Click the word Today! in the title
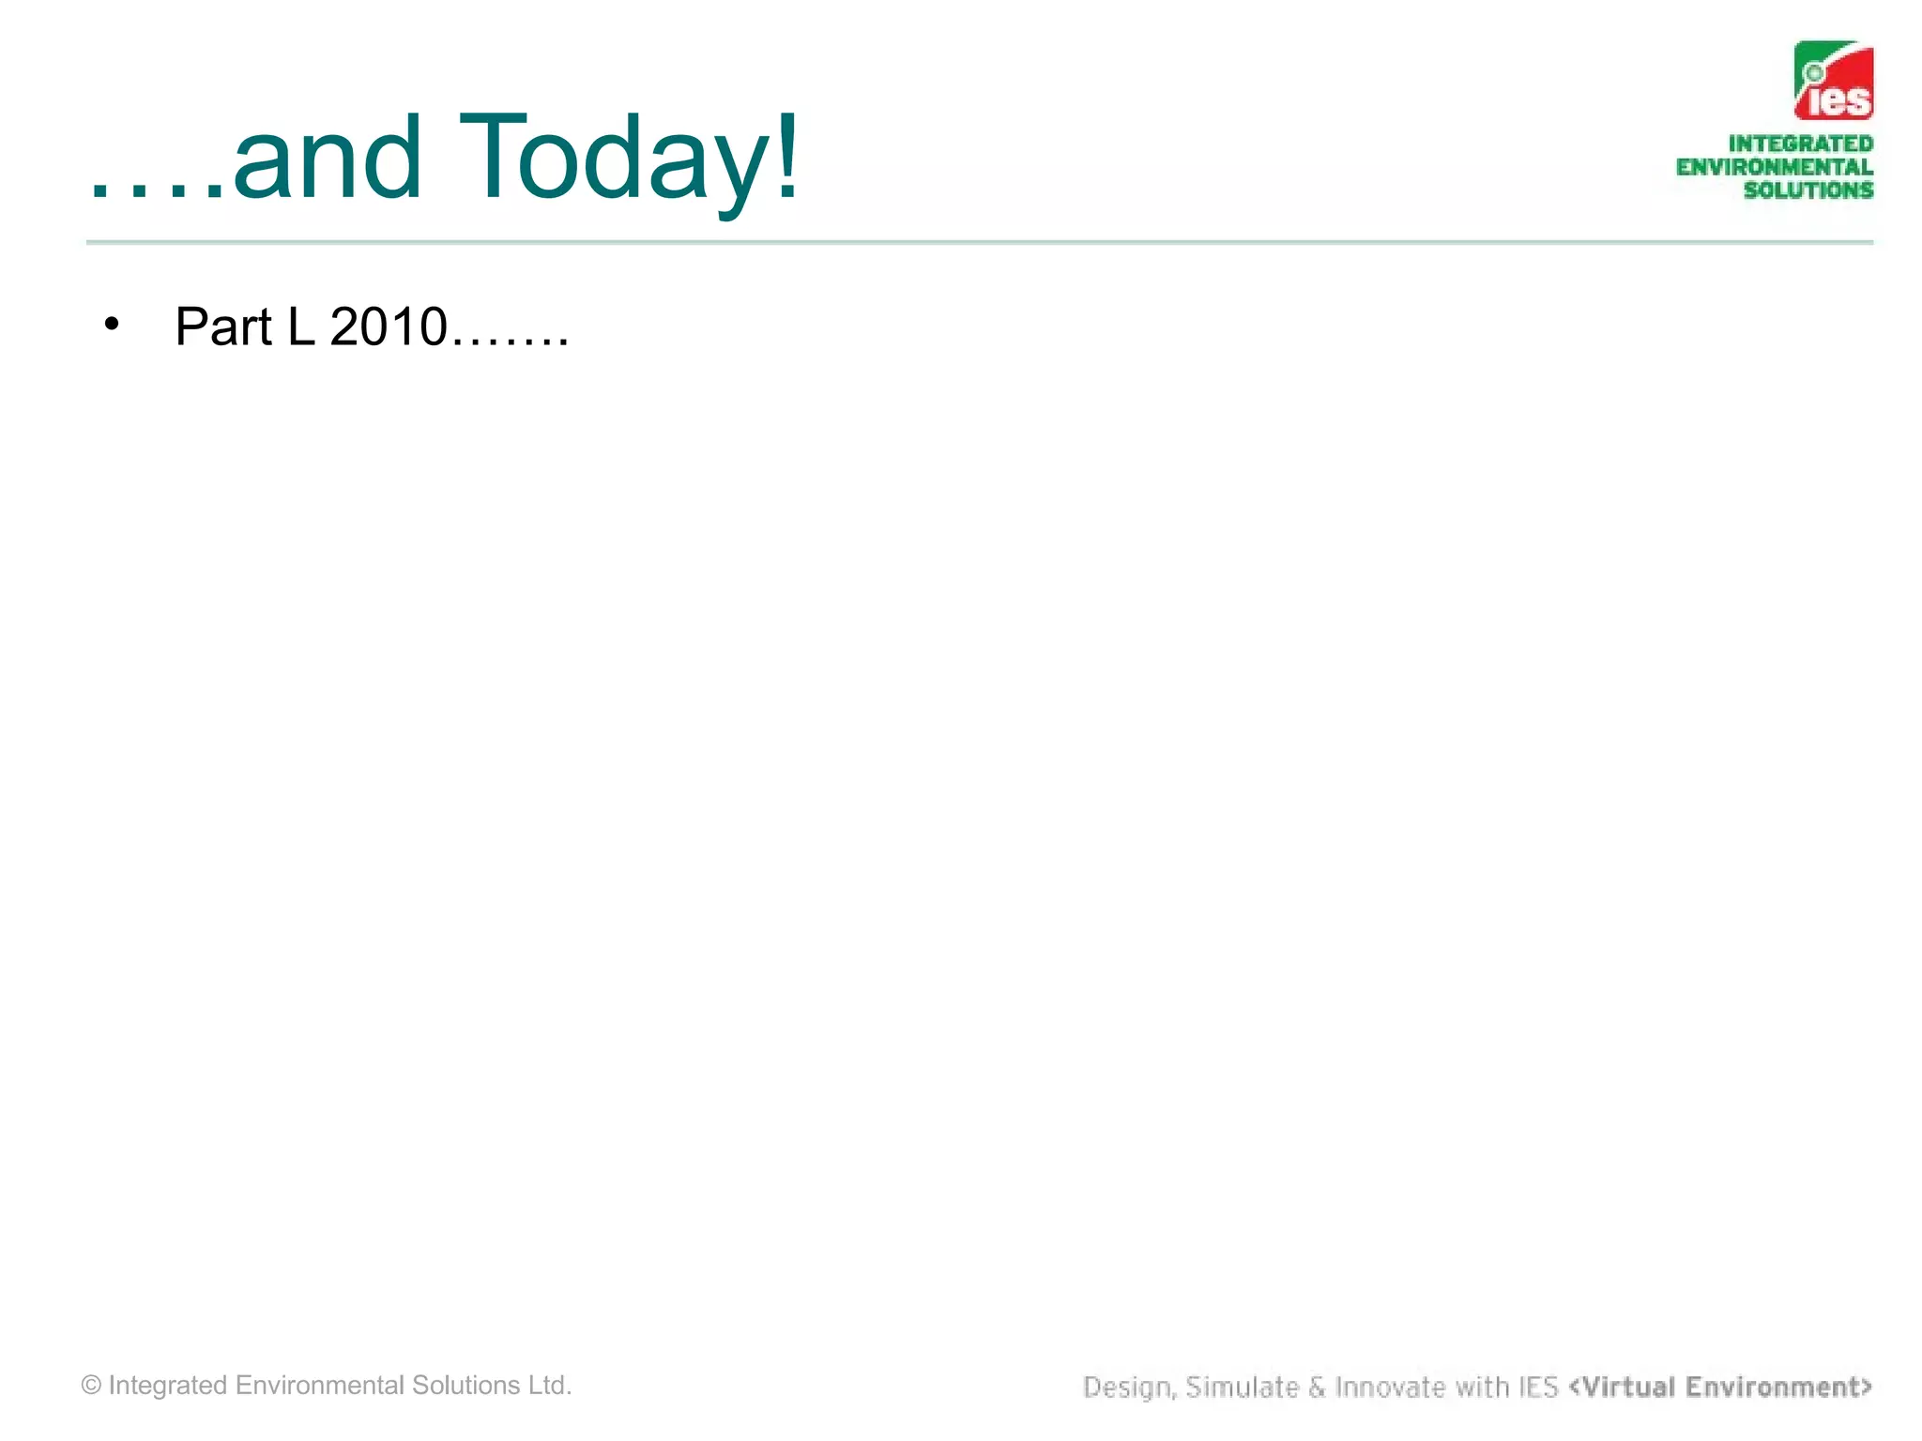(629, 158)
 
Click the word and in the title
(327, 158)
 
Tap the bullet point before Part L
(113, 324)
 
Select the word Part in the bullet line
(223, 326)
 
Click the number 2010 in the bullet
(389, 326)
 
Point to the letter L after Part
(300, 326)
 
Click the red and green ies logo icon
(1833, 81)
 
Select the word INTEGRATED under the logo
(1800, 144)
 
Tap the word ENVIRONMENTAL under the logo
(1774, 167)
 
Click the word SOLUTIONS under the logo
(1808, 190)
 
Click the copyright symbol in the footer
(91, 1386)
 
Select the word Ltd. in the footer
(550, 1386)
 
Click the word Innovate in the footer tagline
(1389, 1387)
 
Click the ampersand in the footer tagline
(1317, 1387)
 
